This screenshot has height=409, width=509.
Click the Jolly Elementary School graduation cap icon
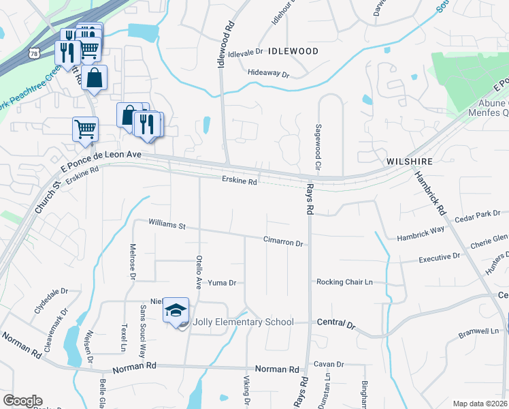pos(176,311)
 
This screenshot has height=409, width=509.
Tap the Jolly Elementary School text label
pos(244,322)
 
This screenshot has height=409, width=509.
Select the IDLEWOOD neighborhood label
pos(293,51)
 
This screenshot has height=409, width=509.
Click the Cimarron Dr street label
pos(283,241)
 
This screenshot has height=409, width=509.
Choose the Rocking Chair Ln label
pos(345,282)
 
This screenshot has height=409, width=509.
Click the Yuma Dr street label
pos(222,282)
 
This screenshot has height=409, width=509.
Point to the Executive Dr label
pos(439,258)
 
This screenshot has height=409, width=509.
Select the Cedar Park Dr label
pos(477,215)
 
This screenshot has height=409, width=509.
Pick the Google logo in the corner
pos(22,401)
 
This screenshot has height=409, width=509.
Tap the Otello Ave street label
pos(199,273)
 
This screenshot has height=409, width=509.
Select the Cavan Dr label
pos(329,364)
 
